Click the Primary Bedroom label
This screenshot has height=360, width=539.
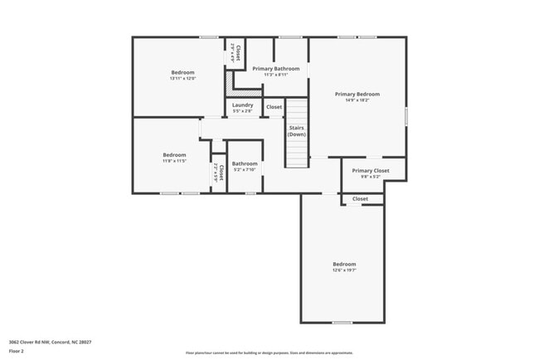pos(357,95)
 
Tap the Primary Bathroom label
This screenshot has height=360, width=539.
pos(276,69)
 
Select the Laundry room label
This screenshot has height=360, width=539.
pos(242,105)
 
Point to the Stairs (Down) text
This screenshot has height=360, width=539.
pos(297,131)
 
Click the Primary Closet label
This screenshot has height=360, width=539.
pos(370,171)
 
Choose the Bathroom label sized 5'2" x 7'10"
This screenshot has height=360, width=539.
pos(245,163)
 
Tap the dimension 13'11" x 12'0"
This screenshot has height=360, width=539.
pos(182,79)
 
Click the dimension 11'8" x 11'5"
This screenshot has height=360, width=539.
pos(174,161)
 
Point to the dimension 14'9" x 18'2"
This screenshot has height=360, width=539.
pos(357,100)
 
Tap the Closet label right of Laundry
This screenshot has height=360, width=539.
pos(274,107)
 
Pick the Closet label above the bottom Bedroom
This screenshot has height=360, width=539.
pos(361,199)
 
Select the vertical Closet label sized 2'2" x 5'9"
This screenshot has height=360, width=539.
pos(219,173)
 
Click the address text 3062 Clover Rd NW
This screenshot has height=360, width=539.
pos(50,342)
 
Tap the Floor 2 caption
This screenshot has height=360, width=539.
pos(17,351)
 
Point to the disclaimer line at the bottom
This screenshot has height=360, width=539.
pos(269,353)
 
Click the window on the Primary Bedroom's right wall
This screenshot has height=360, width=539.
pos(406,116)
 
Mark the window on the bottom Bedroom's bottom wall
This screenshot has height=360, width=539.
pos(342,323)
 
